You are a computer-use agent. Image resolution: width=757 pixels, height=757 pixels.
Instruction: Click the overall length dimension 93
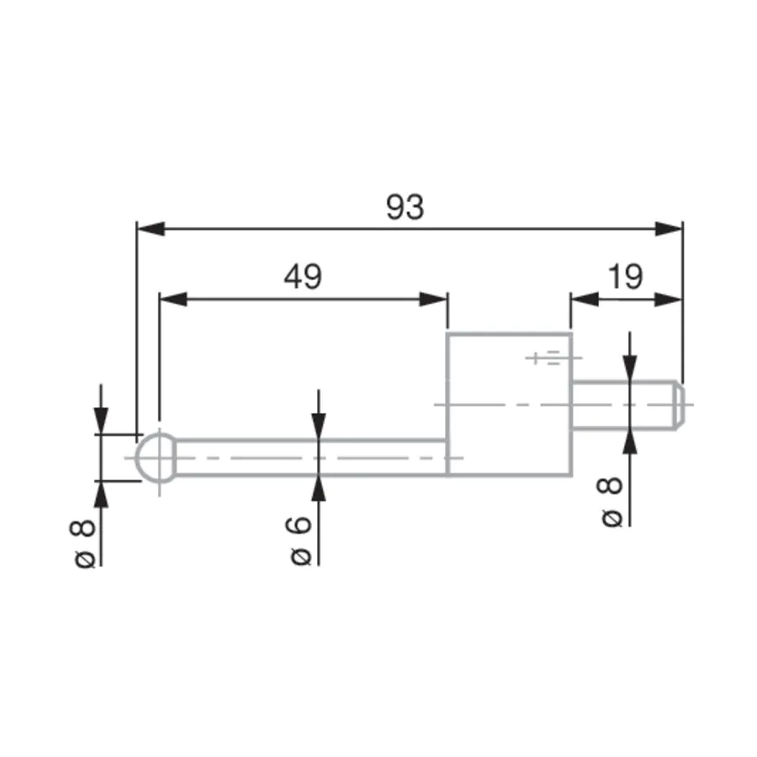click(405, 207)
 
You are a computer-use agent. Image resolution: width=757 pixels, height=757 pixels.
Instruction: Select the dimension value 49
click(303, 277)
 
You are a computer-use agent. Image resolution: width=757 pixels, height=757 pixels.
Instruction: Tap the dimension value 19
click(625, 277)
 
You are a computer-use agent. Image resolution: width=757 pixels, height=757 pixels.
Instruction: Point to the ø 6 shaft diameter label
click(301, 541)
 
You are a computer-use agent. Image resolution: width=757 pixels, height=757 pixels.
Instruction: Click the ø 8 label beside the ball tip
click(82, 543)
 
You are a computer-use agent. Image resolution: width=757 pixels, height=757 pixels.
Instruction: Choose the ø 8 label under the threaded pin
click(610, 502)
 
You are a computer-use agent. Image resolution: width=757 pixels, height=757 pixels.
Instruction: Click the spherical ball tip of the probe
click(156, 458)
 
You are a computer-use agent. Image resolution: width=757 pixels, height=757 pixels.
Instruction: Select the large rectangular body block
click(510, 405)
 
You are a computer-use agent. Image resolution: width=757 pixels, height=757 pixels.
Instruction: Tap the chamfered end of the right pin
click(680, 405)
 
